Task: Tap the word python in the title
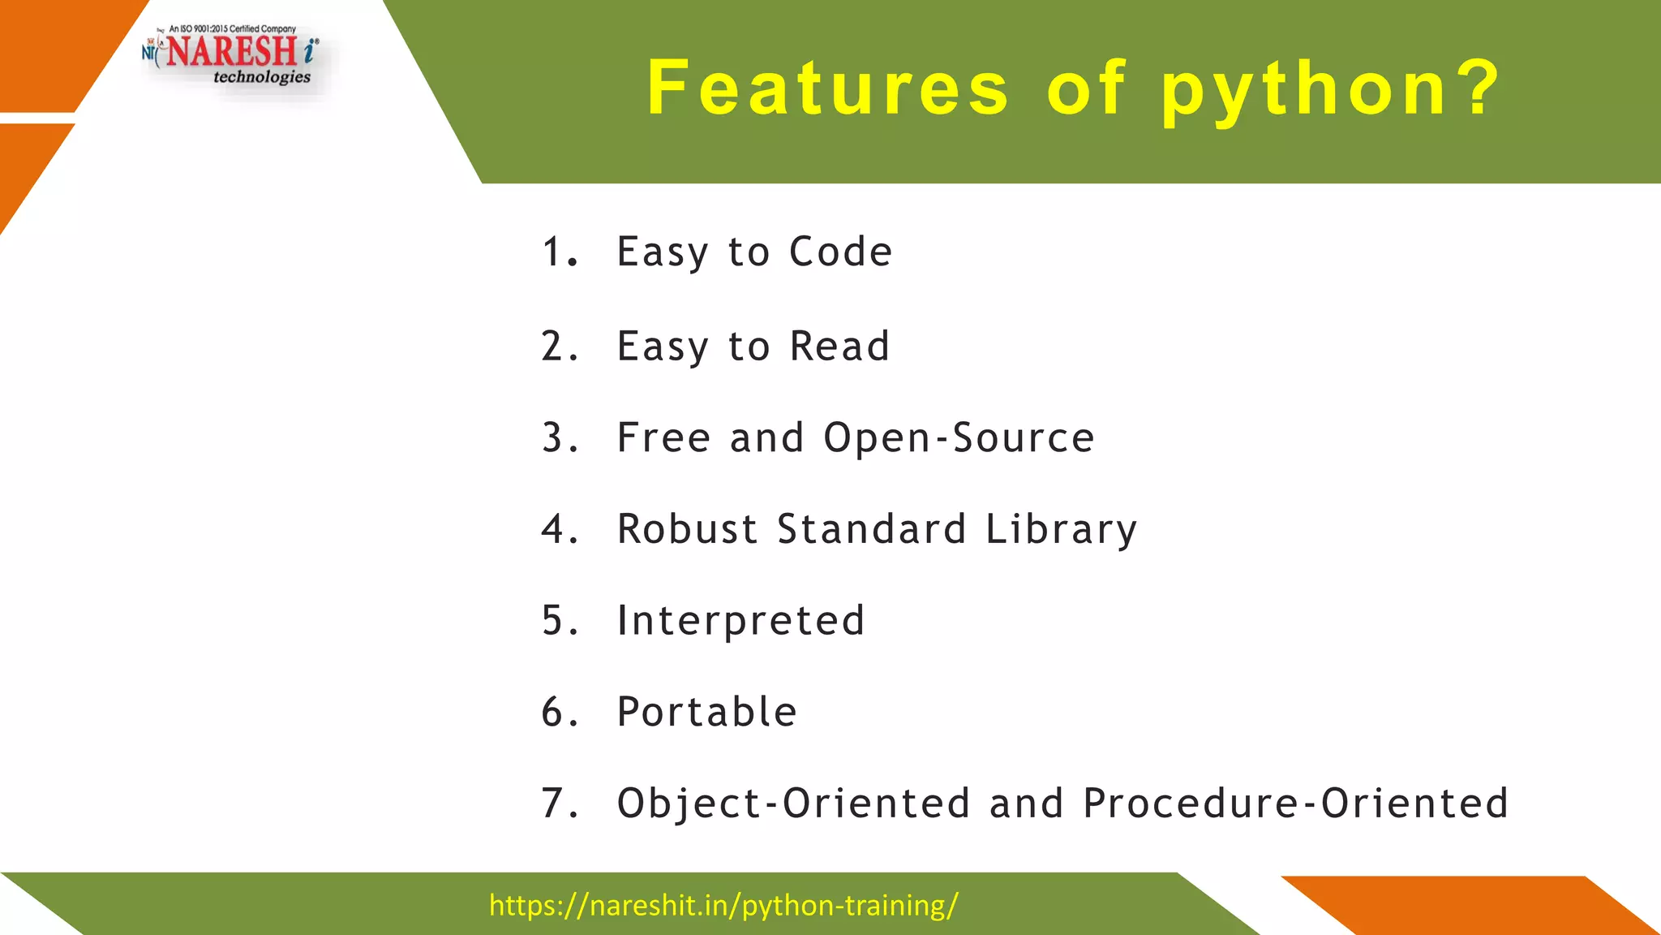[1304, 91]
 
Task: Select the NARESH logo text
[233, 52]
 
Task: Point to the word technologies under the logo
[261, 77]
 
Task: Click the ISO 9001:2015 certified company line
[232, 29]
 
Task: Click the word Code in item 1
[840, 252]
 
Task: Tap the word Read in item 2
[839, 347]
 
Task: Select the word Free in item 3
[663, 438]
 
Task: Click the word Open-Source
[959, 439]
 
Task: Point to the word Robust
[687, 529]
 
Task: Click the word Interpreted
[740, 622]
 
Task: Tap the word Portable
[706, 712]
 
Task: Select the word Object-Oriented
[793, 804]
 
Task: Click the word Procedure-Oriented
[1295, 804]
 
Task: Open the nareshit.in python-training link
[723, 905]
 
